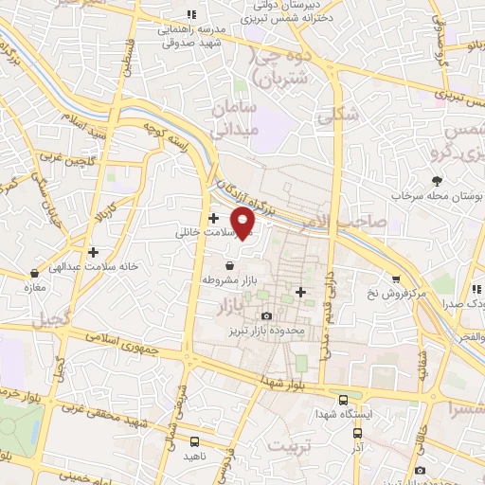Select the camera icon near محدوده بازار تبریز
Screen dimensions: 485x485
coord(266,315)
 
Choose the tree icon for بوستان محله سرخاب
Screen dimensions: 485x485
coord(437,181)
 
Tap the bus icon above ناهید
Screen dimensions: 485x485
coord(194,440)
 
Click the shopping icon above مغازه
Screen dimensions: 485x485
coord(33,273)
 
